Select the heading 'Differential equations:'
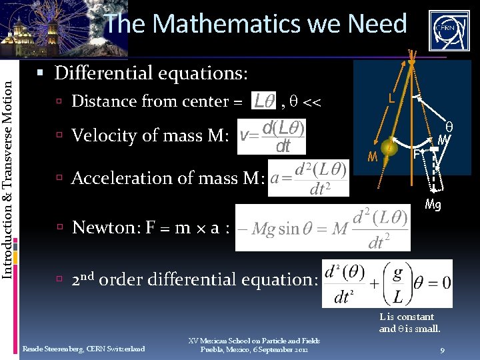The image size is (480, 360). pos(151,72)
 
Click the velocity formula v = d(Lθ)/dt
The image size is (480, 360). pos(272,136)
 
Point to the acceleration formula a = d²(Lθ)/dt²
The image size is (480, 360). pos(308,178)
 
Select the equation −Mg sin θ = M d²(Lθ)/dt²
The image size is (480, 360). pos(312,228)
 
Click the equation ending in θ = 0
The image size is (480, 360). pos(387,283)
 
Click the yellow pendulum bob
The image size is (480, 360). pos(391,149)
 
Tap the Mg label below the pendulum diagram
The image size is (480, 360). pos(433,205)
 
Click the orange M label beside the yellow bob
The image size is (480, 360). pos(373,157)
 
